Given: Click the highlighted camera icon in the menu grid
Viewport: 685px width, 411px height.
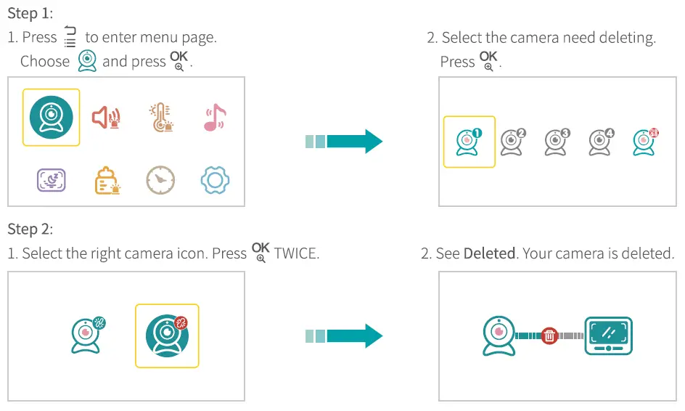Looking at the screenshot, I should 51,117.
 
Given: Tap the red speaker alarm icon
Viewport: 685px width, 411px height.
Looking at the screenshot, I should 106,117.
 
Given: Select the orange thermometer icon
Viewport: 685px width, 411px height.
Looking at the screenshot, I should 160,117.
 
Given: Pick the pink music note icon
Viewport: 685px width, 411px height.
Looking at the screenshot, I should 214,117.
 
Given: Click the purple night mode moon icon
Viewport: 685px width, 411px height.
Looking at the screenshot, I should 51,180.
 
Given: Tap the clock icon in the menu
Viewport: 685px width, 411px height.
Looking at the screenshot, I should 160,180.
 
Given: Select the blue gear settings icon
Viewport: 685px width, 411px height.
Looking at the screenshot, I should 215,180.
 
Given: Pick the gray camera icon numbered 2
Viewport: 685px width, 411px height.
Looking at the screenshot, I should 512,142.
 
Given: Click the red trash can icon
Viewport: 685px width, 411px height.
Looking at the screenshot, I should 549,335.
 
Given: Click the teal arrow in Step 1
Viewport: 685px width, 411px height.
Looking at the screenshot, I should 344,141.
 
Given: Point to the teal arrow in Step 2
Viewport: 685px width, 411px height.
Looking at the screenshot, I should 344,335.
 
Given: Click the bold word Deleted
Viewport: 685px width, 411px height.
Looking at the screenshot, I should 489,253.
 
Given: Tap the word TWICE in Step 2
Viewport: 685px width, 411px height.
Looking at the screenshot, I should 296,253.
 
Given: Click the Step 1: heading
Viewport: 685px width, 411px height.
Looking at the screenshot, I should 30,13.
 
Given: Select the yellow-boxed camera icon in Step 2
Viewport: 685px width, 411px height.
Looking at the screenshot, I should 167,335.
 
